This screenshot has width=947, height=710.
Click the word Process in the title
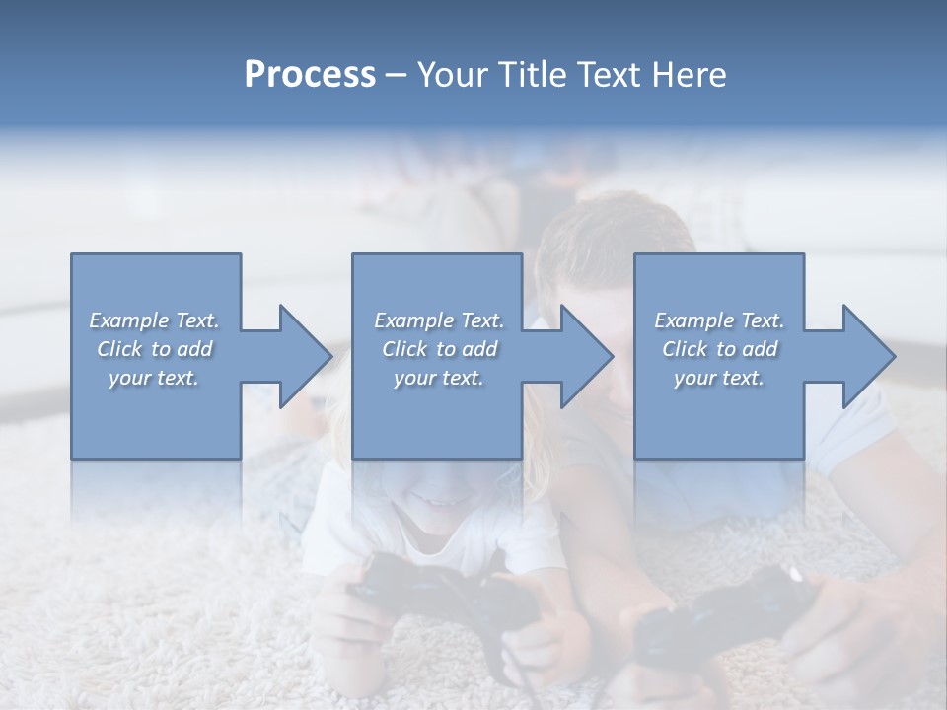click(310, 75)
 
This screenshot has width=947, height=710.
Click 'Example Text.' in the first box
click(154, 320)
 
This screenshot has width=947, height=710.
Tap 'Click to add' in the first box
click(154, 349)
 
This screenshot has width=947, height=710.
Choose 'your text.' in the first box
click(154, 378)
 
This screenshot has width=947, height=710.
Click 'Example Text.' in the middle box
click(438, 320)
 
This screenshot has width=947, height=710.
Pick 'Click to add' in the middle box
click(438, 349)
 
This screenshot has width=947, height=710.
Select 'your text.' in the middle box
click(438, 378)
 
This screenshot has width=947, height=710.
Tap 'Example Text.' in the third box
click(719, 320)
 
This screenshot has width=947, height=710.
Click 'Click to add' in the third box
click(719, 349)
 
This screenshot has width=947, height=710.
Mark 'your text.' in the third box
click(719, 378)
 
